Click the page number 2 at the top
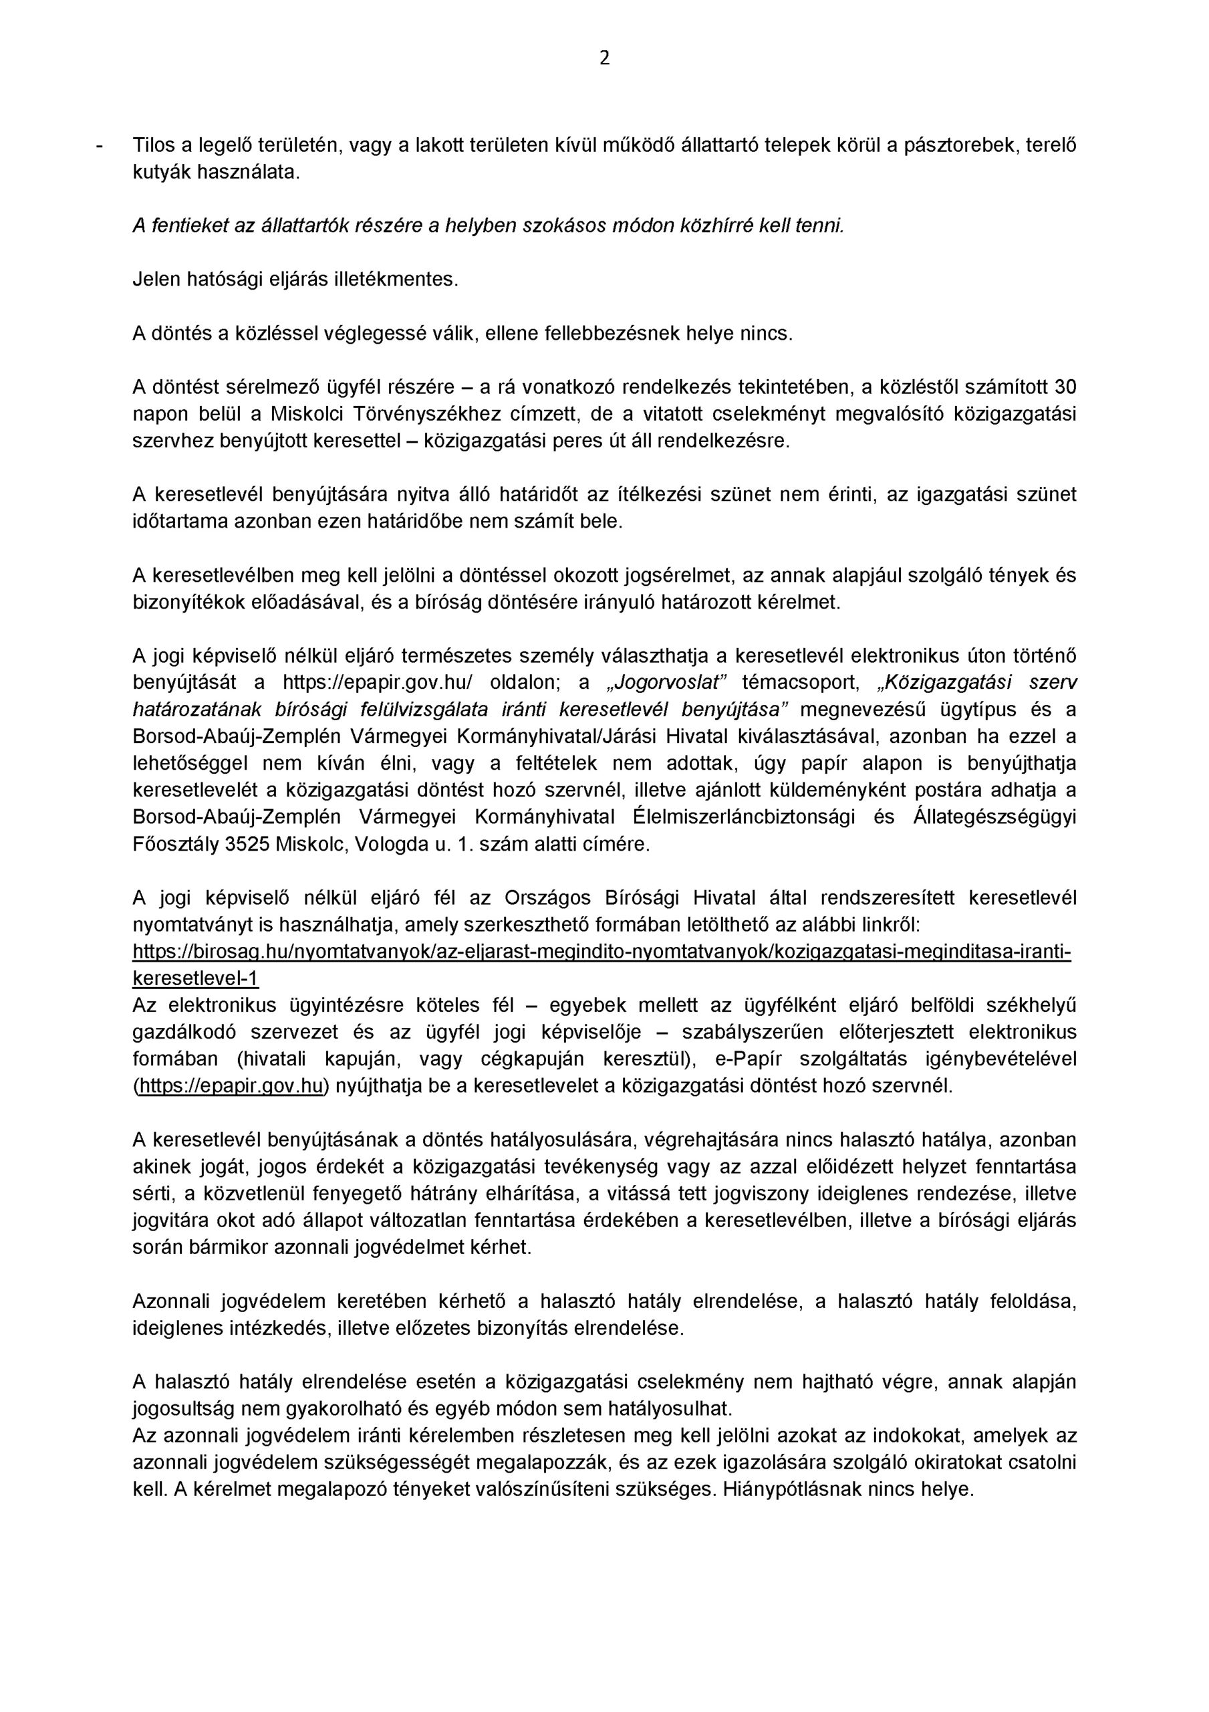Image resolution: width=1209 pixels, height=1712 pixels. click(x=603, y=58)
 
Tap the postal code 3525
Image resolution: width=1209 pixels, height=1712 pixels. click(x=247, y=845)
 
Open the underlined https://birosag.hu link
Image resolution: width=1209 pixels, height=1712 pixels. click(x=601, y=952)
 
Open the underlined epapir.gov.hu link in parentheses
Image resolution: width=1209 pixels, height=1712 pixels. click(x=230, y=1087)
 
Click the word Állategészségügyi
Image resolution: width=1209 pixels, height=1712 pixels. click(x=995, y=818)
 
